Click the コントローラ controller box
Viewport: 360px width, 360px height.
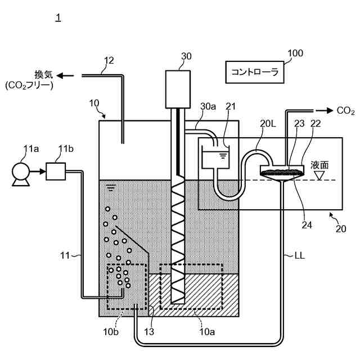[x=255, y=72]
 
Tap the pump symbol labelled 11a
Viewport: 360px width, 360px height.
[x=21, y=174]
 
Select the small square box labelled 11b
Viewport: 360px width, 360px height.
[x=56, y=171]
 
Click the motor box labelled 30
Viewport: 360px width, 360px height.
[x=178, y=89]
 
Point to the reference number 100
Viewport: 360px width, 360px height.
[x=295, y=53]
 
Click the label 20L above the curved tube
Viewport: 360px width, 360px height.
[x=268, y=124]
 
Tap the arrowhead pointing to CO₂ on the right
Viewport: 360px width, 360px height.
[x=330, y=111]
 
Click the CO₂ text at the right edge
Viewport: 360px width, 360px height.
[x=345, y=111]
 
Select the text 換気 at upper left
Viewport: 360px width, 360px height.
[x=44, y=75]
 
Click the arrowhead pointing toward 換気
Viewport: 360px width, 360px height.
[x=60, y=75]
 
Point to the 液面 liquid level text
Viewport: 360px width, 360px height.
[x=319, y=165]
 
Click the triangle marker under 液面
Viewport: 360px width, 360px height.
[x=319, y=175]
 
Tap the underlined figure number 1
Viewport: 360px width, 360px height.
[x=58, y=17]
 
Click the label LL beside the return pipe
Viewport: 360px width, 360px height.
[x=300, y=255]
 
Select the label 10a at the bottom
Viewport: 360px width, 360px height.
[x=207, y=331]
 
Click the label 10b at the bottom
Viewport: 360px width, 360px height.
[x=111, y=331]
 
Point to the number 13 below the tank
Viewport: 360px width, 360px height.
[x=149, y=331]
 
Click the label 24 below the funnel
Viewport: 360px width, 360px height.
[x=307, y=225]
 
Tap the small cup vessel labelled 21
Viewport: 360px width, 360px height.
[x=215, y=156]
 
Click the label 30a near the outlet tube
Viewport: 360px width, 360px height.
[x=208, y=106]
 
